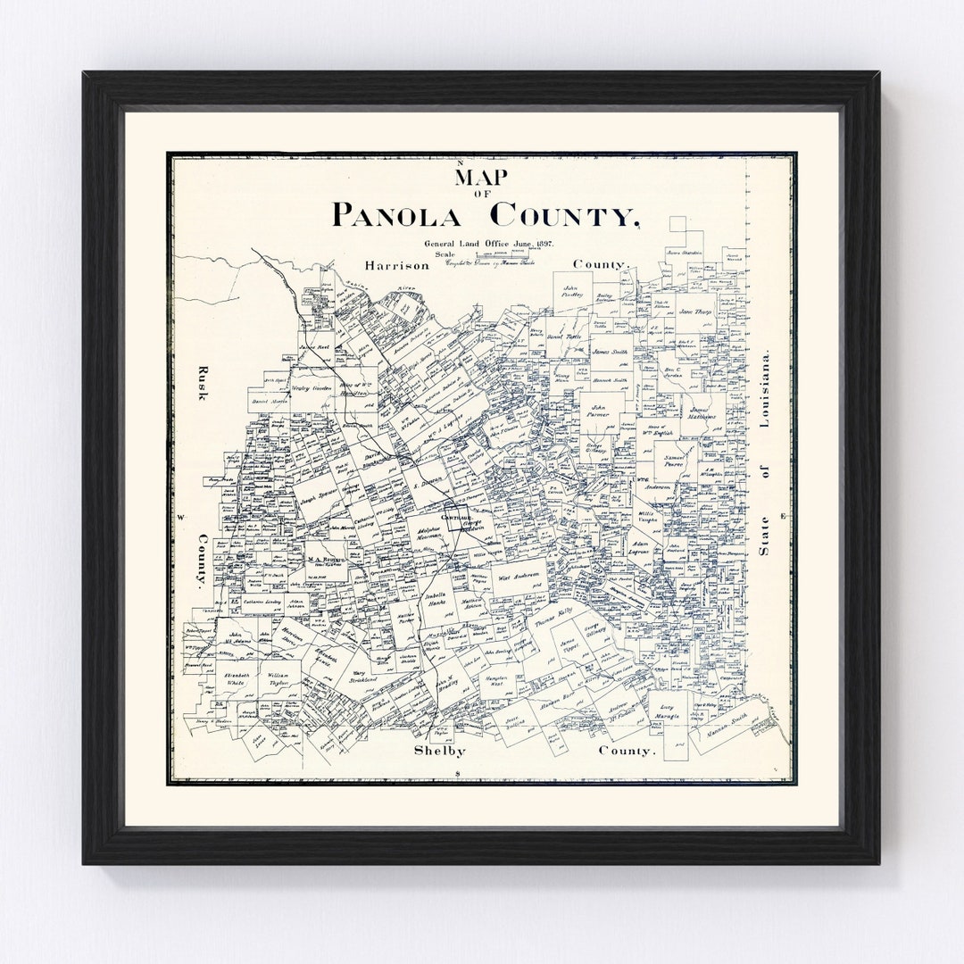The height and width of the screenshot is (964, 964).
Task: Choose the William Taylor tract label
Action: pos(279,678)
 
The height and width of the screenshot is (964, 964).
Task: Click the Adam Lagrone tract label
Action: pos(640,546)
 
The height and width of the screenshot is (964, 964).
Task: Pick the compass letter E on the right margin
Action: pos(783,517)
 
